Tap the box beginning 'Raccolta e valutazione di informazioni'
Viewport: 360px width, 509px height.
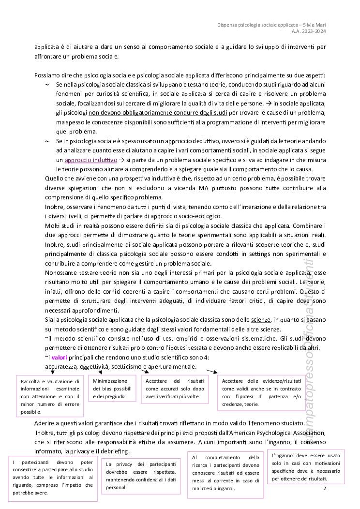click(x=50, y=396)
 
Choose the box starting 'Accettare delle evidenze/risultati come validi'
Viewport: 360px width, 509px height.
click(x=256, y=392)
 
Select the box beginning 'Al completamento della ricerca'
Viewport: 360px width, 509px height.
click(x=225, y=472)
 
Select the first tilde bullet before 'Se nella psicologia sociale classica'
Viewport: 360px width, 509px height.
click(x=47, y=85)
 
